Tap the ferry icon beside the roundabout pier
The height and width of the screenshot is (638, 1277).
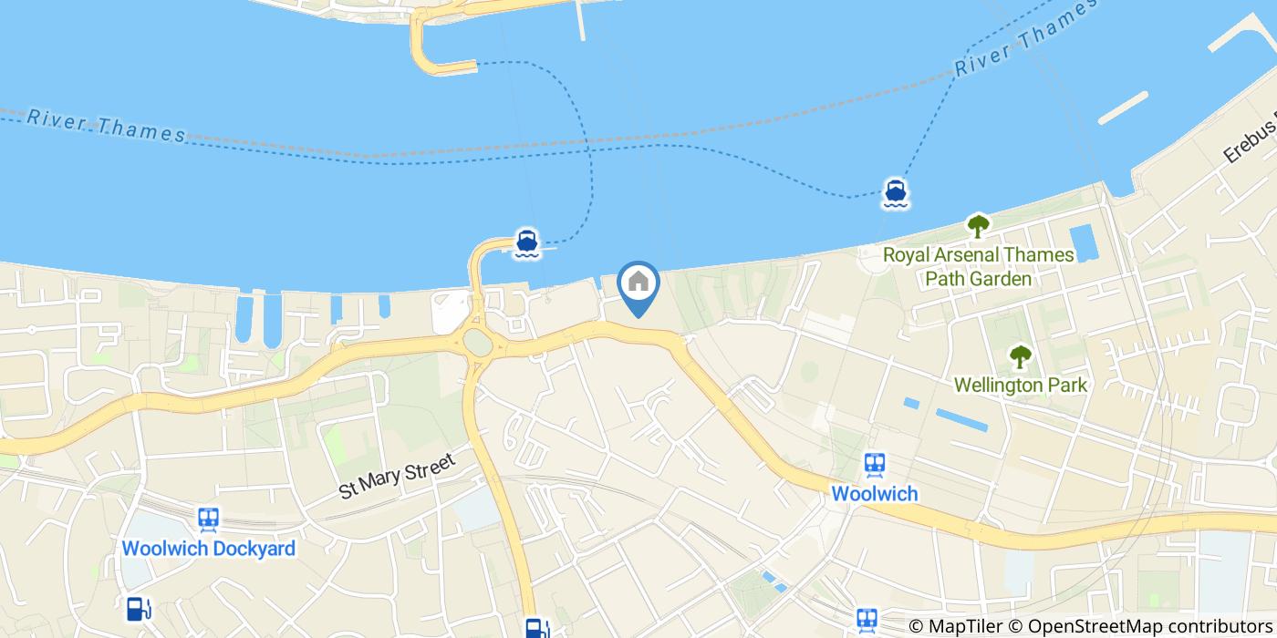coord(526,243)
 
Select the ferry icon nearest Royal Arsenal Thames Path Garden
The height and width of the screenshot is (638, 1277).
coord(895,193)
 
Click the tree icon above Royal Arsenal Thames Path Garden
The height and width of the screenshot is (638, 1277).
coord(978,225)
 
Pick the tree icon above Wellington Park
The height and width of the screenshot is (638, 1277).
coord(1020,356)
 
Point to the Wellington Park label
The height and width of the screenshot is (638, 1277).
coord(1020,386)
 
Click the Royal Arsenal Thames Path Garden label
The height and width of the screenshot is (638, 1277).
coord(978,266)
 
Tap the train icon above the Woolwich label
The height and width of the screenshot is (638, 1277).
coord(875,464)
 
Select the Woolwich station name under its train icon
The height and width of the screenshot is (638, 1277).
coord(875,493)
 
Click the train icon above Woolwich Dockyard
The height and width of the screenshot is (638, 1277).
coord(208,520)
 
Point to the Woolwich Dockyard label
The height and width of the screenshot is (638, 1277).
coord(208,549)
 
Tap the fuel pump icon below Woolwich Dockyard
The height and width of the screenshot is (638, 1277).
coord(139,608)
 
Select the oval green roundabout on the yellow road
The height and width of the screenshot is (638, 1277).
coord(476,342)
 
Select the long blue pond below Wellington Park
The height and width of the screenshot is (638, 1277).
coord(961,419)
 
